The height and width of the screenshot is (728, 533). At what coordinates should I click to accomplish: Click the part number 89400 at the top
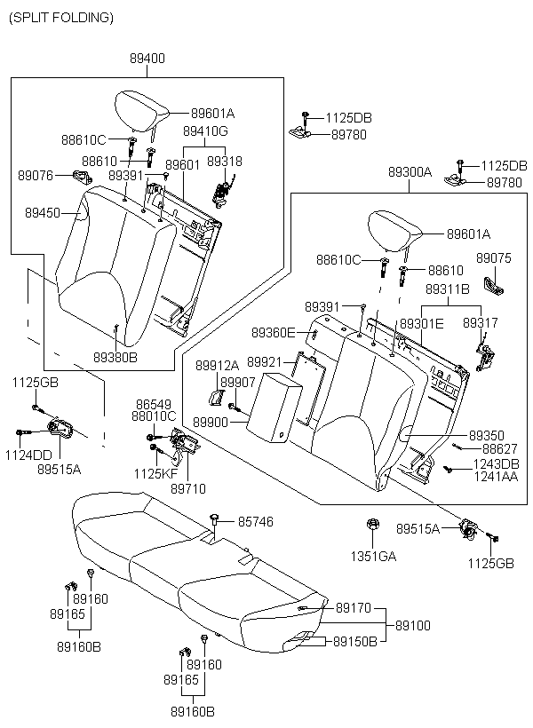click(x=147, y=59)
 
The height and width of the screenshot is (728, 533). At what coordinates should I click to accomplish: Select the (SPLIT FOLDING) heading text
click(x=61, y=18)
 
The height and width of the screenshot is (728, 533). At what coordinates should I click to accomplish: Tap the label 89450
click(x=43, y=213)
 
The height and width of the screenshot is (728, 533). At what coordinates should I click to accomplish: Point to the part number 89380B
click(x=115, y=357)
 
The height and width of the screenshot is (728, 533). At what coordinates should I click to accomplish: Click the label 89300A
click(x=410, y=172)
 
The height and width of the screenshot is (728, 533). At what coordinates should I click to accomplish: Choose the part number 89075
click(x=494, y=258)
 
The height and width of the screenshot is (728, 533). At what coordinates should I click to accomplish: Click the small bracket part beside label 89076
click(x=83, y=177)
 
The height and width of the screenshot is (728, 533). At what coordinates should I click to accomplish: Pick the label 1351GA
click(x=373, y=556)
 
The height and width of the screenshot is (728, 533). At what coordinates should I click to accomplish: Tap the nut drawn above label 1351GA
click(x=372, y=524)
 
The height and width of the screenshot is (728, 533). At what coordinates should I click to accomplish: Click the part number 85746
click(x=256, y=522)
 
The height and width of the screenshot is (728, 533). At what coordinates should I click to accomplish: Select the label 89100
click(x=413, y=625)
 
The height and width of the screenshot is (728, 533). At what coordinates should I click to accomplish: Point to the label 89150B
click(x=355, y=642)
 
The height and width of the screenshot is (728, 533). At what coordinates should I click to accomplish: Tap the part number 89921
click(x=265, y=361)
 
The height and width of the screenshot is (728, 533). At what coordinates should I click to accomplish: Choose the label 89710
click(x=188, y=488)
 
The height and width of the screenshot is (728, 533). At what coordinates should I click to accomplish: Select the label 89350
click(x=487, y=435)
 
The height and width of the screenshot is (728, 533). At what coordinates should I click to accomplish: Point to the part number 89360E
click(x=274, y=332)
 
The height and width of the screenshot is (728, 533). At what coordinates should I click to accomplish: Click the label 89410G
click(x=205, y=131)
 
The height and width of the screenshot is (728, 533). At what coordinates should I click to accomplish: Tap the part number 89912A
click(x=217, y=366)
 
